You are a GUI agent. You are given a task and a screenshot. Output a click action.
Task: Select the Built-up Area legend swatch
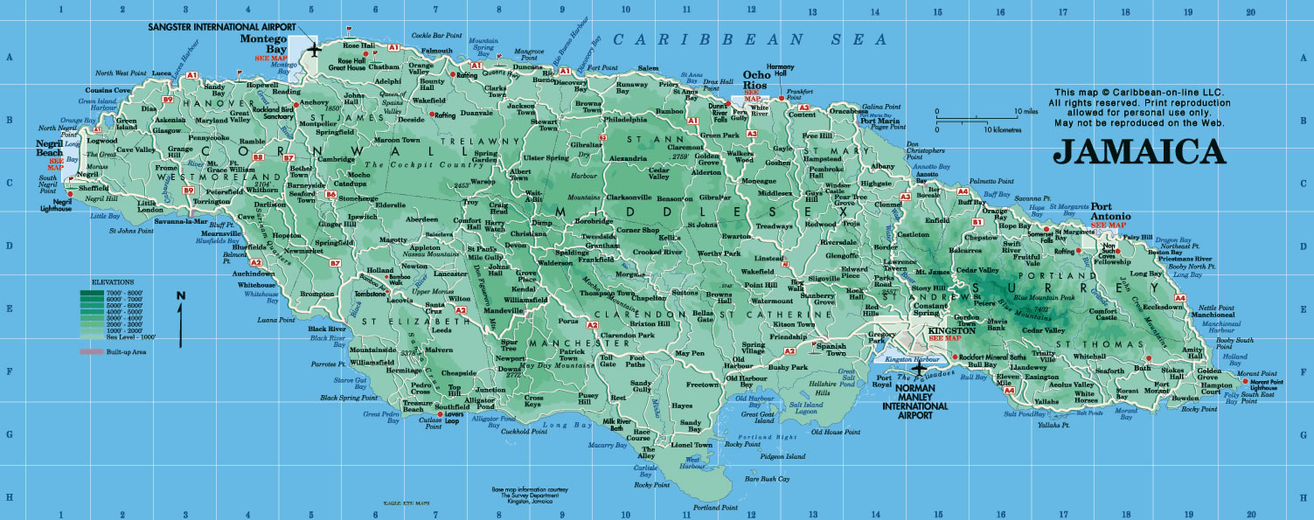pos(90,351)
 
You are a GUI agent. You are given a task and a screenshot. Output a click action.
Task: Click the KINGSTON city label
pos(951,330)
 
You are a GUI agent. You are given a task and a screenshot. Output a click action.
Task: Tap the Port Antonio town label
pos(1111,216)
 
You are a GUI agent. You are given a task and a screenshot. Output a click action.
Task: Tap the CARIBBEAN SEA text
pos(720,38)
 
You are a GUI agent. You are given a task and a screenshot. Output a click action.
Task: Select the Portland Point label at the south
pos(711,508)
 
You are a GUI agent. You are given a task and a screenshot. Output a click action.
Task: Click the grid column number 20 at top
pos(1251,11)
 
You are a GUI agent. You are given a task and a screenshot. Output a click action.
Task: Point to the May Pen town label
pos(691,353)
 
